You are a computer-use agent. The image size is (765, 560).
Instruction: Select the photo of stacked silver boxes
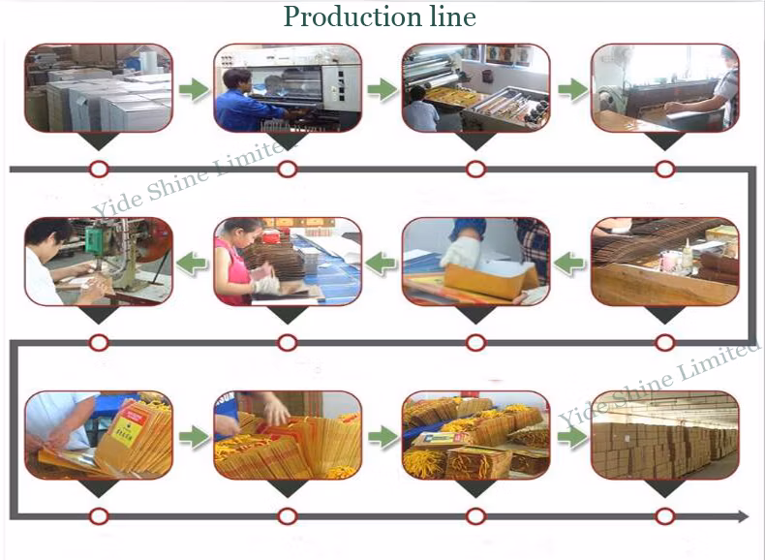[99, 88]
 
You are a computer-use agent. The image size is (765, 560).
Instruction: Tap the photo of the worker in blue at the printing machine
[287, 88]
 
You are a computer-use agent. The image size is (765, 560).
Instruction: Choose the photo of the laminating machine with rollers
[475, 88]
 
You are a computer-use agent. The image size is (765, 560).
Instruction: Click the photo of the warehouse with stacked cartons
[664, 435]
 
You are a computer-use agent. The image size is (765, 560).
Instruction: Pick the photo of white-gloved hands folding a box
[475, 262]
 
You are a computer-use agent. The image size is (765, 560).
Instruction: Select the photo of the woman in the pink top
[287, 262]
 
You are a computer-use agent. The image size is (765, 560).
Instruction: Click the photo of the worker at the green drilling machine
[99, 262]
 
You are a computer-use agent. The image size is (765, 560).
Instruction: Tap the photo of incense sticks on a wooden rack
[664, 262]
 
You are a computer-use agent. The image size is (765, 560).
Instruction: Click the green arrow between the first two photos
[194, 90]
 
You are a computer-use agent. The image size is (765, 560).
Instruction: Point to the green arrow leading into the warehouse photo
[571, 437]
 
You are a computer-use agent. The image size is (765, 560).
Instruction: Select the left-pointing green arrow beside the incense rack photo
[571, 263]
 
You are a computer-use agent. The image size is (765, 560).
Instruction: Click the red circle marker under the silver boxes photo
[99, 170]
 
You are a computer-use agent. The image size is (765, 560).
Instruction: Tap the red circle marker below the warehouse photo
[664, 516]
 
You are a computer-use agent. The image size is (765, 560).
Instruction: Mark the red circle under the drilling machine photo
[99, 343]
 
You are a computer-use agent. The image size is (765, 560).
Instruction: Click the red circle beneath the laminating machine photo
[475, 170]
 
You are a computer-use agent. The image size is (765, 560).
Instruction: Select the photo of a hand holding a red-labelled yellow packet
[99, 435]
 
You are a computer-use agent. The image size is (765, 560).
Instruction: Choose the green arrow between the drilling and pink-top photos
[194, 263]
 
